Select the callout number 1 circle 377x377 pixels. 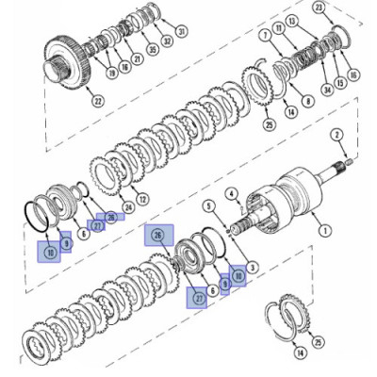coord(326,229)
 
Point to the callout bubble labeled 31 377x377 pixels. coord(182,31)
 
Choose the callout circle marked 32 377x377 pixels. coord(167,41)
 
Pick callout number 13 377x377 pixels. coord(291,20)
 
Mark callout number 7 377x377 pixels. coord(267,36)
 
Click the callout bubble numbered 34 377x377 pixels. coord(326,90)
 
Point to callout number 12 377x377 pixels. coord(142,200)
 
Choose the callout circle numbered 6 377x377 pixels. coord(84,233)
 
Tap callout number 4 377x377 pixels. coord(230,194)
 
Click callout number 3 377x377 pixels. coord(252,268)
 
